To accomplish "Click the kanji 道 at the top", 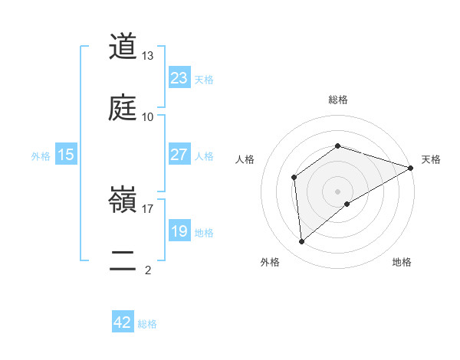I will [123, 47].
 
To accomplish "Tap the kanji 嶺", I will [123, 201].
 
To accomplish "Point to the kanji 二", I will [123, 261].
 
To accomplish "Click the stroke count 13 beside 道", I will [148, 57].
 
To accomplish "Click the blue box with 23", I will [179, 78].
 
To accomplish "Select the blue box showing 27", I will [179, 155].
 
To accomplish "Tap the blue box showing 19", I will [179, 231].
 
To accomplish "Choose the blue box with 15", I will [66, 155].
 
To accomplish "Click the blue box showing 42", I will [123, 322].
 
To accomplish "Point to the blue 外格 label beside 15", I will [41, 155].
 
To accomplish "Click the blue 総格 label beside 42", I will [147, 324].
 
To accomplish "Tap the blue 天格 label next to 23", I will [204, 79].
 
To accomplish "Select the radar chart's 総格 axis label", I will [337, 100].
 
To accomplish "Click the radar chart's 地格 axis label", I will [402, 262].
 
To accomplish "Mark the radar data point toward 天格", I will [411, 168].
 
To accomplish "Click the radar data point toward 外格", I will [302, 242].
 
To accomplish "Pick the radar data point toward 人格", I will [294, 178].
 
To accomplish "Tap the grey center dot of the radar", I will [337, 191].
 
